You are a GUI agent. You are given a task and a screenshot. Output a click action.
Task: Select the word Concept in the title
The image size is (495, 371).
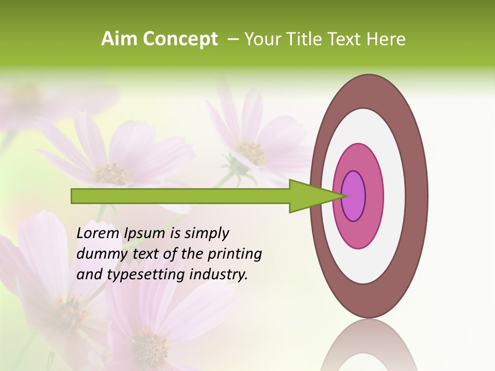pos(179,40)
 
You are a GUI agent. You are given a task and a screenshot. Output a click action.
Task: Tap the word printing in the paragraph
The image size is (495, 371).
pos(235,254)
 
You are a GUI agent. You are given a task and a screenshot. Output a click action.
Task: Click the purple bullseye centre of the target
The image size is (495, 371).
pos(354,196)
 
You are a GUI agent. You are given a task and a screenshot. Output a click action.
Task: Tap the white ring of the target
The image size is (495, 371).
pos(394,196)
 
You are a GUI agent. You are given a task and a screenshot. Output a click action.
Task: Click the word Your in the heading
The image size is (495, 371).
pos(261,39)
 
